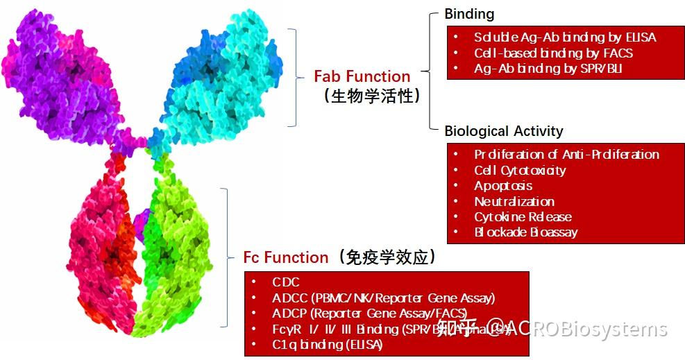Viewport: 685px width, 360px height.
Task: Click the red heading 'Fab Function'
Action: [x=362, y=76]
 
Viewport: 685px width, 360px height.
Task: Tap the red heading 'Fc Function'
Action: [x=285, y=257]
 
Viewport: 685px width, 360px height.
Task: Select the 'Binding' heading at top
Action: [x=469, y=14]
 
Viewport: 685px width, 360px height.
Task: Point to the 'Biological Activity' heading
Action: [x=503, y=131]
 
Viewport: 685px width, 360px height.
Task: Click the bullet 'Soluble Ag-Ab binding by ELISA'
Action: [x=565, y=37]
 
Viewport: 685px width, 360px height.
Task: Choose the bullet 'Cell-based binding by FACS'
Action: [x=553, y=53]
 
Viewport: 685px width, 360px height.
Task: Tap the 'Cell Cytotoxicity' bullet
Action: [x=520, y=170]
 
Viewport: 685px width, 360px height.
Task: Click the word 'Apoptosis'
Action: [x=503, y=185]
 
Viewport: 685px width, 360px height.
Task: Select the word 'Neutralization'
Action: [x=514, y=201]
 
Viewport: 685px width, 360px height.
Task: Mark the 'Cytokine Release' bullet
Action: [x=523, y=216]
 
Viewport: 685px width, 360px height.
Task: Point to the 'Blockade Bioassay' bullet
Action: [x=525, y=232]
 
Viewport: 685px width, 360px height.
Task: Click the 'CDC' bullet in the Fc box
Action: [x=286, y=282]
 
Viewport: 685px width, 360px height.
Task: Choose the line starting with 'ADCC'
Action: [x=383, y=298]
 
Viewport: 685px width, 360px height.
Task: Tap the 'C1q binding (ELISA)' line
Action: [x=327, y=345]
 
